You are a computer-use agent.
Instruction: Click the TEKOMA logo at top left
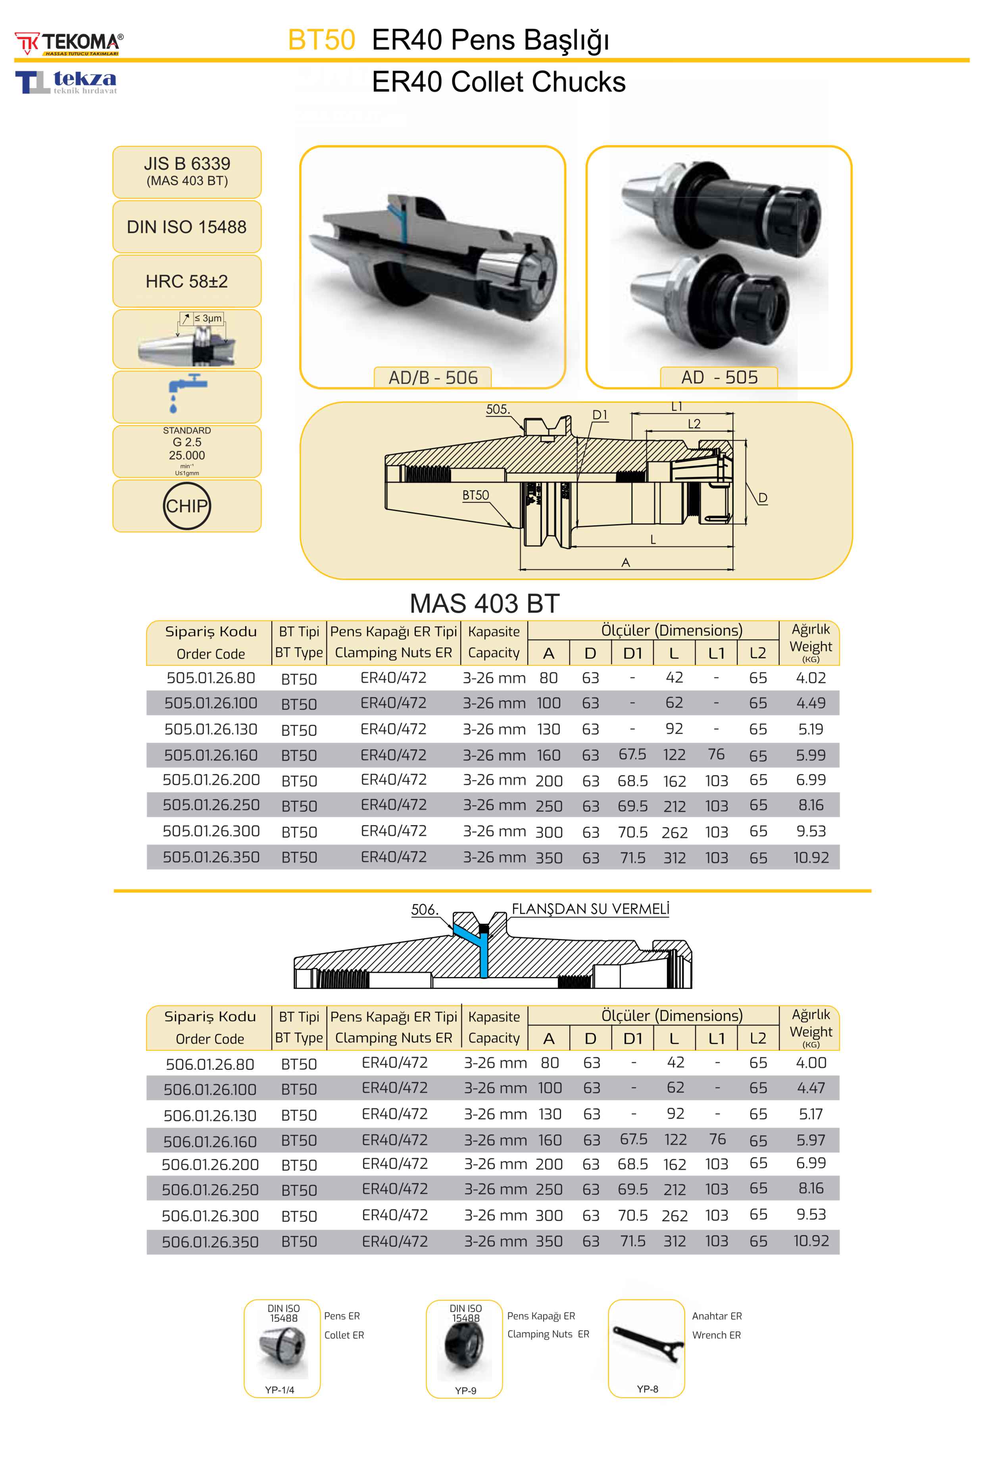(x=69, y=43)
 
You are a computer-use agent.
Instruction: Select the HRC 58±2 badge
(x=186, y=282)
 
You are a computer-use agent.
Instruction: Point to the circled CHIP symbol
(x=186, y=506)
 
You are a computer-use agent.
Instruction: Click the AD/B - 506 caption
(x=432, y=377)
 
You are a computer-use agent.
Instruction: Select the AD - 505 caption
(x=719, y=377)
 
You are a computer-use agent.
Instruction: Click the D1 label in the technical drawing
(x=600, y=414)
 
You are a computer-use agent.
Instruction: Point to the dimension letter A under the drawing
(x=626, y=563)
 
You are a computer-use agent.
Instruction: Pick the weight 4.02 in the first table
(x=810, y=678)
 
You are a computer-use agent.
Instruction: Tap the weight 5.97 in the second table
(x=810, y=1140)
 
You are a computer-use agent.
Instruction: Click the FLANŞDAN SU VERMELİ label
(x=590, y=909)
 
